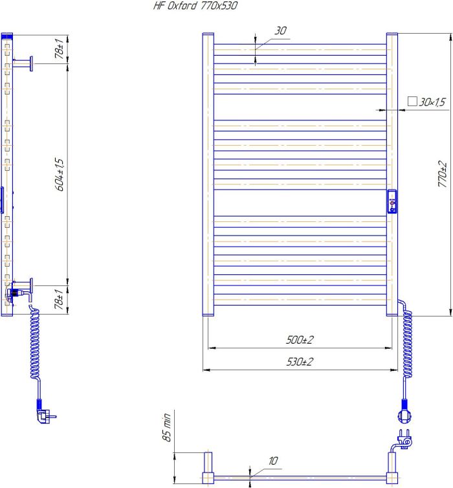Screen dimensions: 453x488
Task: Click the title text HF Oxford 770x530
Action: click(x=195, y=6)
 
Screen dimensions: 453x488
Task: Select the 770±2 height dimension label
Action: click(x=442, y=174)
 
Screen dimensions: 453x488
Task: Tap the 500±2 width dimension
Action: click(x=300, y=340)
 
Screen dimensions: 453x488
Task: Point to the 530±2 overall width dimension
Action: click(x=300, y=362)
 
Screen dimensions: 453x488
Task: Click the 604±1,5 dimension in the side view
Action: click(x=59, y=175)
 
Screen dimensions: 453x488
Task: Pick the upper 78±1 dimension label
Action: click(x=59, y=49)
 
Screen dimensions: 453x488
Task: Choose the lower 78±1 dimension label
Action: click(x=59, y=299)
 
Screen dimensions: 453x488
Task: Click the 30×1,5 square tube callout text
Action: click(x=432, y=102)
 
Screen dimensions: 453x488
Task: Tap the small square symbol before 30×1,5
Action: click(x=412, y=101)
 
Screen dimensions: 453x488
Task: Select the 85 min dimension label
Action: click(x=167, y=427)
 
